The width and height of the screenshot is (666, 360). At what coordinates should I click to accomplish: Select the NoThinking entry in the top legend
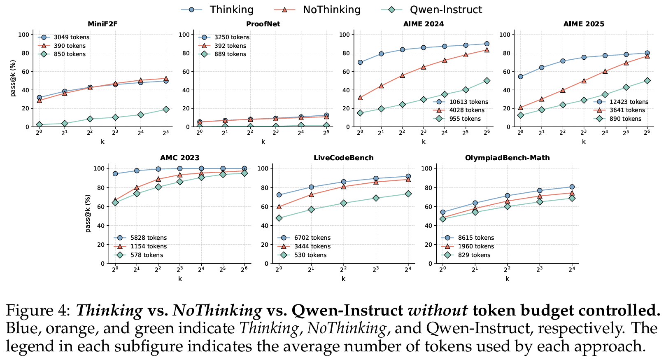(x=331, y=9)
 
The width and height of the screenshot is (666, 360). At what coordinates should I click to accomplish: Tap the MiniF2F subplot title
(x=102, y=24)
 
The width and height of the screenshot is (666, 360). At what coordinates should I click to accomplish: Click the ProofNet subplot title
(x=263, y=24)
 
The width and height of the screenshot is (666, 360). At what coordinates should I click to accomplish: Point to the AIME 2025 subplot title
(x=584, y=24)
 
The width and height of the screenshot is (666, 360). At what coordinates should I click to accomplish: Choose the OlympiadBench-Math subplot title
(x=507, y=158)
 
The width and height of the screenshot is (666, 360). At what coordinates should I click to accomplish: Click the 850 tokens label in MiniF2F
(x=70, y=54)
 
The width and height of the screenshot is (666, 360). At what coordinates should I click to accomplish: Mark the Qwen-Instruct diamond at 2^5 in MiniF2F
(x=166, y=110)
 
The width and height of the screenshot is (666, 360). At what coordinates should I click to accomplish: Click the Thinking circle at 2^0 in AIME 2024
(x=360, y=62)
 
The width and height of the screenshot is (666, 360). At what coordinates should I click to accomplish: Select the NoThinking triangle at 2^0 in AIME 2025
(x=520, y=108)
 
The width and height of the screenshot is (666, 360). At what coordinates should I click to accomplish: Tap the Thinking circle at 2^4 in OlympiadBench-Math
(x=572, y=187)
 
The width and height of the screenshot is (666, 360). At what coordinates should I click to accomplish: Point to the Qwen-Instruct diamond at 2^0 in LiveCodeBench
(x=279, y=218)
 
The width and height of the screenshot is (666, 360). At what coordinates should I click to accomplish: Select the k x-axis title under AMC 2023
(x=180, y=278)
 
